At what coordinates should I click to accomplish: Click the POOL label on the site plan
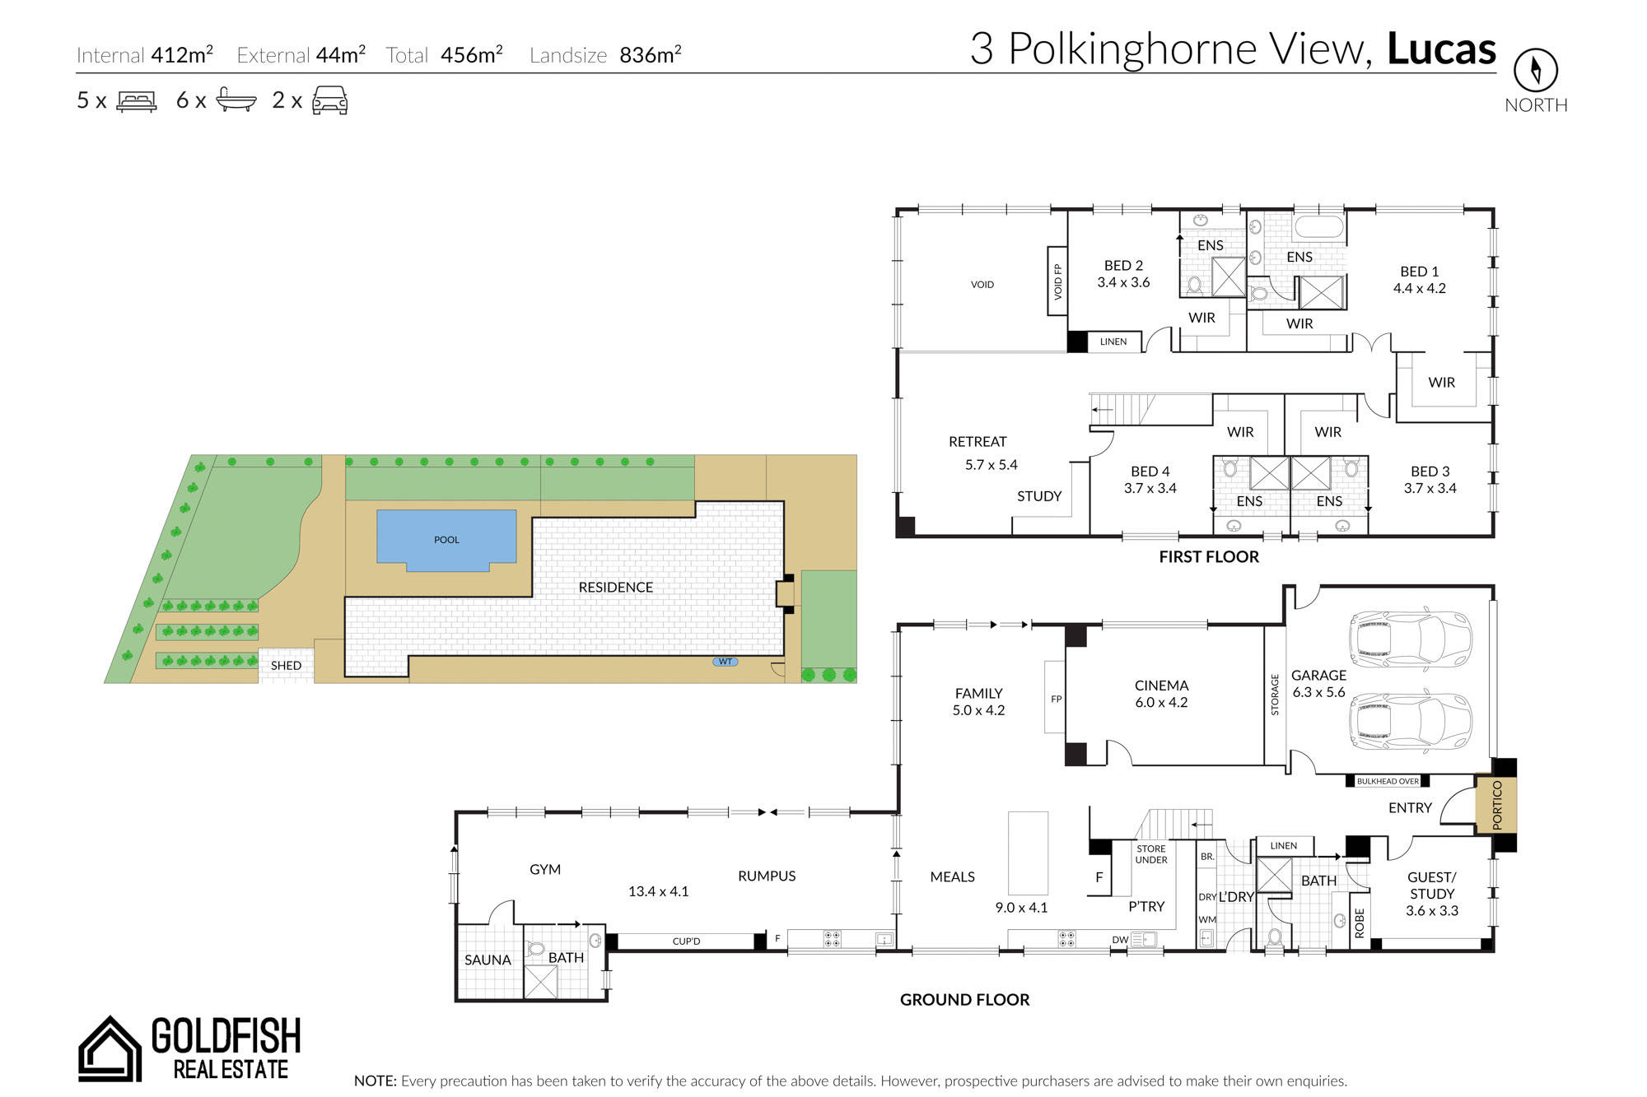446,540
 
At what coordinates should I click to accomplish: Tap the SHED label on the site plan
286,665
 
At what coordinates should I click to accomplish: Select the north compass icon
1535,70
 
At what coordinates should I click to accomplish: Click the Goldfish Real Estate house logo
109,1048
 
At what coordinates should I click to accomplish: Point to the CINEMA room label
1161,686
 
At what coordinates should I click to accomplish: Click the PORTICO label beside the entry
1496,804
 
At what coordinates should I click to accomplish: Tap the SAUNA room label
488,960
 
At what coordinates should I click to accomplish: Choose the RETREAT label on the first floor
977,442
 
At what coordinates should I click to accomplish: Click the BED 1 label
1420,272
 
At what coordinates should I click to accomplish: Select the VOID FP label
1057,281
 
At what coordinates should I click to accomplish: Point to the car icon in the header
330,100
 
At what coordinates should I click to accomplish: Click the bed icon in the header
137,101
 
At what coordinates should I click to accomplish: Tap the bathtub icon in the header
236,100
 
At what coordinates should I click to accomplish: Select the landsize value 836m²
651,54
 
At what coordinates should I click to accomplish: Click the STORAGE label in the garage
1275,695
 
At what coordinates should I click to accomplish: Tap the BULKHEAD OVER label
1388,781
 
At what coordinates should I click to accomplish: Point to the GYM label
545,869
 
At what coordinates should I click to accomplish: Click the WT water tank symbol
725,662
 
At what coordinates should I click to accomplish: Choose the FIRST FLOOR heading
1209,557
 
